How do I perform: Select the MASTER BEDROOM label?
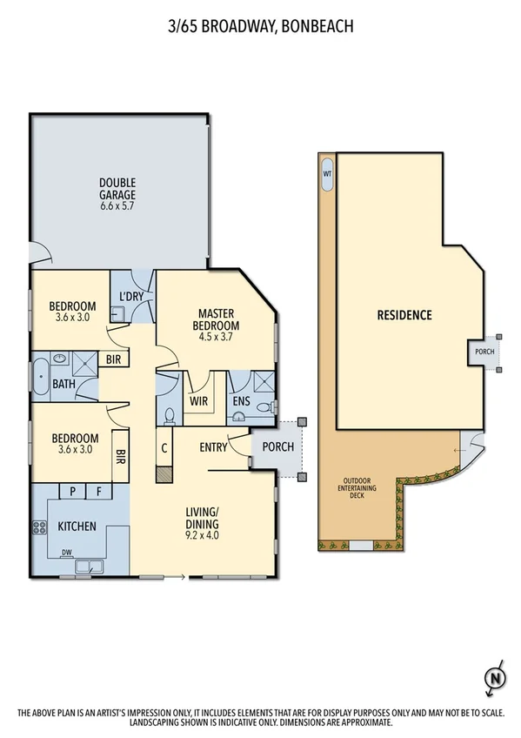(217, 319)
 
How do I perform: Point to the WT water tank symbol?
(328, 173)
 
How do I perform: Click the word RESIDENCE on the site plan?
(404, 315)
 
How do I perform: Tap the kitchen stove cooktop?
(38, 527)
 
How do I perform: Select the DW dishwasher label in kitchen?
(66, 552)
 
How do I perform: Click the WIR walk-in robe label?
(197, 401)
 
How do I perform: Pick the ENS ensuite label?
(243, 401)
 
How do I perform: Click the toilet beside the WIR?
(170, 414)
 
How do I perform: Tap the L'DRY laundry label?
(131, 297)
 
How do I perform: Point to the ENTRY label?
(213, 447)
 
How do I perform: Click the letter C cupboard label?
(164, 450)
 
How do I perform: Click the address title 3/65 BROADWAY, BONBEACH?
(260, 27)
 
